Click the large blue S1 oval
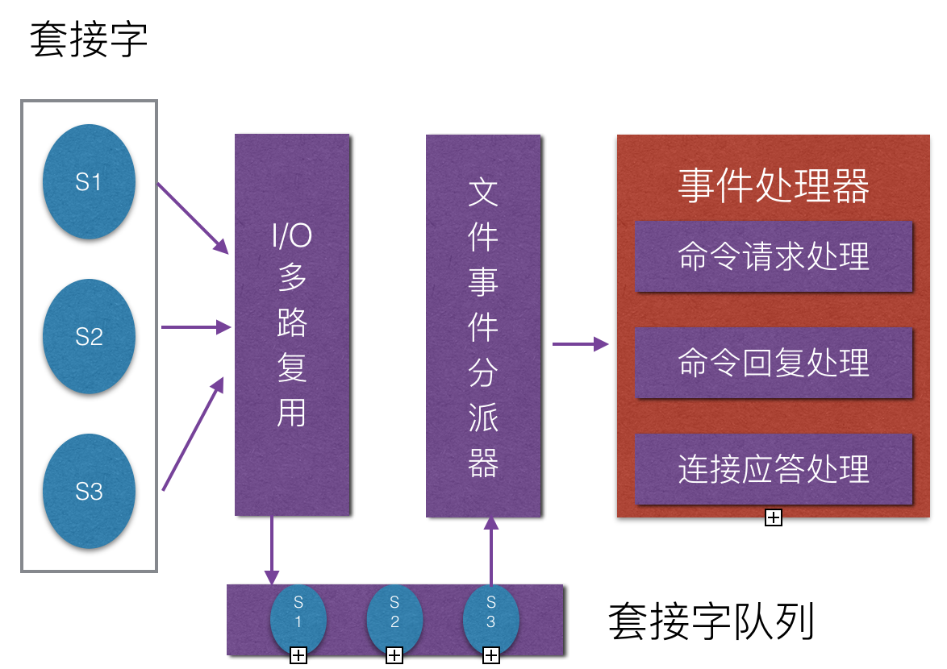pyautogui.click(x=89, y=182)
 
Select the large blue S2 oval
pyautogui.click(x=89, y=336)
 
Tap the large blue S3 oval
pyautogui.click(x=89, y=491)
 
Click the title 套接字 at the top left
pyautogui.click(x=89, y=40)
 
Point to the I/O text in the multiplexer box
pyautogui.click(x=291, y=236)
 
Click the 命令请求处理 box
pyautogui.click(x=774, y=256)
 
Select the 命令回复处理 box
pyautogui.click(x=774, y=363)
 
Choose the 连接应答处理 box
pyautogui.click(x=774, y=469)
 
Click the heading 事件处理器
pyautogui.click(x=774, y=186)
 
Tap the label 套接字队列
pyautogui.click(x=711, y=621)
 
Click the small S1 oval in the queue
pyautogui.click(x=298, y=619)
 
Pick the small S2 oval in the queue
pyautogui.click(x=394, y=619)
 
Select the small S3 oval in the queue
pyautogui.click(x=490, y=619)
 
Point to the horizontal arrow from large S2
pyautogui.click(x=196, y=327)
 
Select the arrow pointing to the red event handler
pyautogui.click(x=579, y=344)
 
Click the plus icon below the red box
pyautogui.click(x=773, y=517)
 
